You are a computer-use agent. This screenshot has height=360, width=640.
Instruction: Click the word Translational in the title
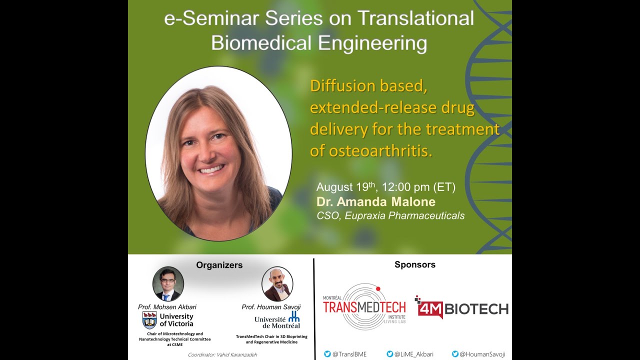414,18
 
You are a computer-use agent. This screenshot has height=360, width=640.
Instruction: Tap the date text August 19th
346,187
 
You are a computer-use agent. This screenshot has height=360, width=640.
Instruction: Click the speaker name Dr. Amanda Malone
375,202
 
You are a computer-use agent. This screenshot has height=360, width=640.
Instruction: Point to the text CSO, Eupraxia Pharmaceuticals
390,216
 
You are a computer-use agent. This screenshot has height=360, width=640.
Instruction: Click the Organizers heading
219,265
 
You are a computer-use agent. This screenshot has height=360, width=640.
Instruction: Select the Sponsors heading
414,264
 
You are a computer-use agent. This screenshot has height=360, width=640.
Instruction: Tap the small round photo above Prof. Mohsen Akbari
168,283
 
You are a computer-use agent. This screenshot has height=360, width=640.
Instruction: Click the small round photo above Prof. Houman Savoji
277,283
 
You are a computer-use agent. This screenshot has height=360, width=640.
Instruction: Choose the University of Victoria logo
168,319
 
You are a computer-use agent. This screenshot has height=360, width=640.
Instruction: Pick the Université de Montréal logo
277,319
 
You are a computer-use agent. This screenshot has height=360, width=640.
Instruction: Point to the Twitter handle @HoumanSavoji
478,354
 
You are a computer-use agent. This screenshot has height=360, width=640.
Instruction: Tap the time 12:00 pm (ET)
418,187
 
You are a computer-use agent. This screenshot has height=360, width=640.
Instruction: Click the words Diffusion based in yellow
368,86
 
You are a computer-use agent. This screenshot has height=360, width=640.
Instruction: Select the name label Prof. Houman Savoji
271,306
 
